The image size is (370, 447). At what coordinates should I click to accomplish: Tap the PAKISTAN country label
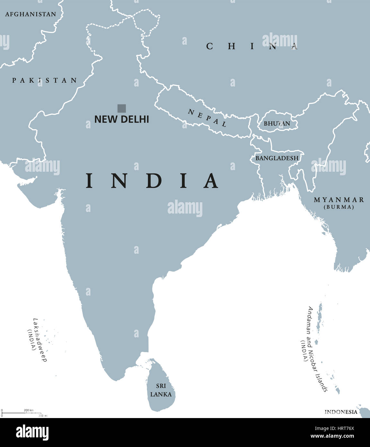point(45,80)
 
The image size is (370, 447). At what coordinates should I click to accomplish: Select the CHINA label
point(252,47)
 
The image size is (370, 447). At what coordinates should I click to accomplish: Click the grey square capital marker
point(122,108)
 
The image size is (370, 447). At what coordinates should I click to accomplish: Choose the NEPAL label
point(207,118)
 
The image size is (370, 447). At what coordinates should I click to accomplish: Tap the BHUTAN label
point(277,123)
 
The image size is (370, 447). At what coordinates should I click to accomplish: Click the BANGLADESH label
point(277,158)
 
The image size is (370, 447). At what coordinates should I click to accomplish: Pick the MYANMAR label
point(339,200)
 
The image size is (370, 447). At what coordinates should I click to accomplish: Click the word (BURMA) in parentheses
point(339,207)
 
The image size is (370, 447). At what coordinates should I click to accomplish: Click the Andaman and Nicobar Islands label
point(317,349)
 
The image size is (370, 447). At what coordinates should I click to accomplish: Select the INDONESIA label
point(341,412)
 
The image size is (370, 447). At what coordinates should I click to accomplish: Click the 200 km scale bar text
point(28,410)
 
